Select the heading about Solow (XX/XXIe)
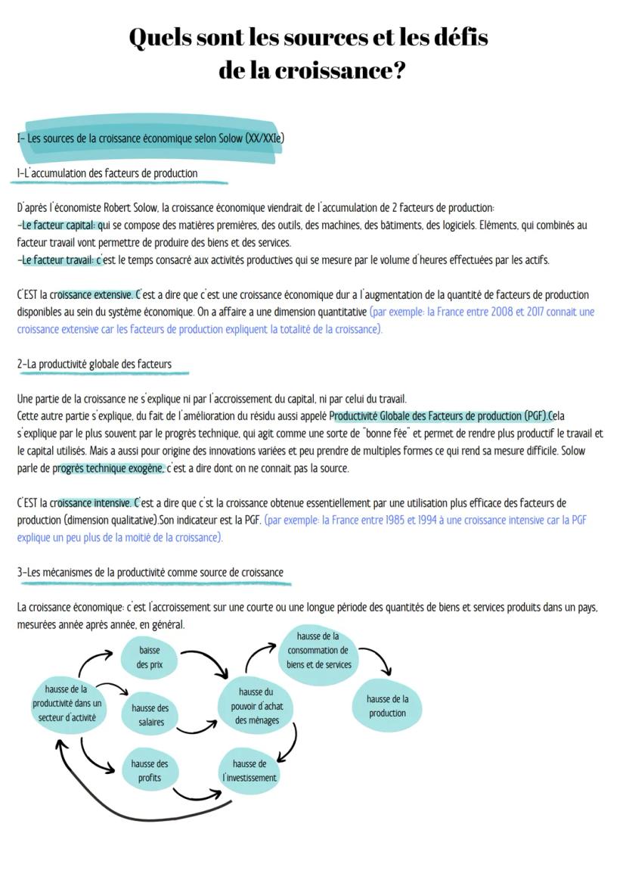tap(151, 138)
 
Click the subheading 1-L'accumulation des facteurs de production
tap(107, 173)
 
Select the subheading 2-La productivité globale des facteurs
tap(95, 364)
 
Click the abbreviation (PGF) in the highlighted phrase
tap(535, 416)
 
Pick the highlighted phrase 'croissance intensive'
tap(92, 503)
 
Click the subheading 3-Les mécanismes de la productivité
tap(150, 572)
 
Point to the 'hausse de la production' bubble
tap(387, 707)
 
